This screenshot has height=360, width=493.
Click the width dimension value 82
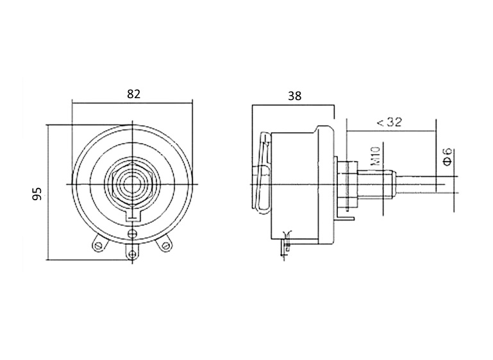133,94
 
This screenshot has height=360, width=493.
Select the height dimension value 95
37,194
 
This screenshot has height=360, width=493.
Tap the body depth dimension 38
295,96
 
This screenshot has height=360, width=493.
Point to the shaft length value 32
394,122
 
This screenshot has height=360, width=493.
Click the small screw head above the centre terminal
132,234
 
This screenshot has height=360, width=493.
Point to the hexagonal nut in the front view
132,184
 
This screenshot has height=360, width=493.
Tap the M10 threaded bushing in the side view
376,184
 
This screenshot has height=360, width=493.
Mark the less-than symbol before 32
380,123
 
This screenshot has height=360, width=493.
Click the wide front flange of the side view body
326,185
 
